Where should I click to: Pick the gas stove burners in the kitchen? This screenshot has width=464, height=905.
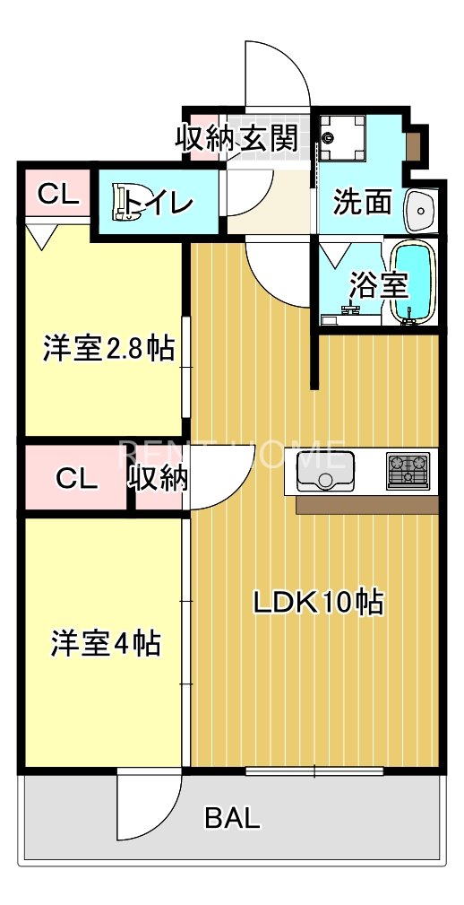point(408,471)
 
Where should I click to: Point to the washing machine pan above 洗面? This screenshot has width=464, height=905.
point(342,137)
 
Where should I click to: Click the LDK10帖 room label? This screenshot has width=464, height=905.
point(318,602)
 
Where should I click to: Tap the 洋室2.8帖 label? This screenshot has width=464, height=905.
point(107,348)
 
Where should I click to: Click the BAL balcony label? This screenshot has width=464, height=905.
point(233,817)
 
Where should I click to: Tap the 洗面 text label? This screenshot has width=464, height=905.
point(363,203)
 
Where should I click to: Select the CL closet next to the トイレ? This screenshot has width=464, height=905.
point(56,195)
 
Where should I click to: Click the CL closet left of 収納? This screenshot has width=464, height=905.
point(76,478)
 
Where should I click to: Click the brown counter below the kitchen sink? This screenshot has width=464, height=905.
point(365,504)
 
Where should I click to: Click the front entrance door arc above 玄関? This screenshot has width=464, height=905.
point(278,76)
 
